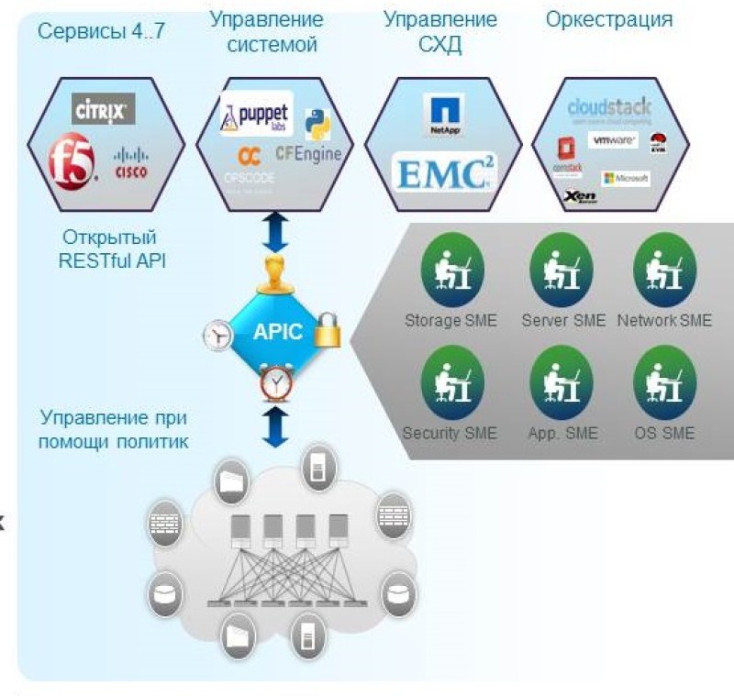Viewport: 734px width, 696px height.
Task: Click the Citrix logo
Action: (104, 109)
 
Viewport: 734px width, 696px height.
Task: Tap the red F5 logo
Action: (72, 163)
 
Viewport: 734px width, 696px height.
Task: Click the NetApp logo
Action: (445, 115)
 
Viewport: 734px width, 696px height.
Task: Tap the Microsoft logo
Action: (626, 178)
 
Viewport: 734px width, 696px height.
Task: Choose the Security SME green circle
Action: (451, 376)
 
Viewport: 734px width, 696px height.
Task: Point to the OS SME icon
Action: (664, 376)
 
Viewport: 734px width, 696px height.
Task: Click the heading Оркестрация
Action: (608, 18)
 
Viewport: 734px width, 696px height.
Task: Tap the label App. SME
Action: (562, 432)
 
